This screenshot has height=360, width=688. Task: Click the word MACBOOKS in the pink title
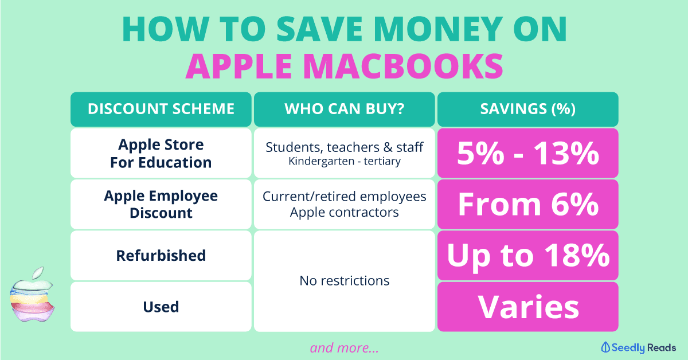(405, 66)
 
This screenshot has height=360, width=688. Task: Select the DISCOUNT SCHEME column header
(161, 109)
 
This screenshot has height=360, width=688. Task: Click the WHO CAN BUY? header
(345, 109)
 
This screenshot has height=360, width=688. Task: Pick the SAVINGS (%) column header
(527, 109)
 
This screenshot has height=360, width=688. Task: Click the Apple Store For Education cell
(161, 153)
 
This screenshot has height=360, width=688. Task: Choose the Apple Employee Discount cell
(161, 204)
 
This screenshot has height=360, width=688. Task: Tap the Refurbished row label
(161, 256)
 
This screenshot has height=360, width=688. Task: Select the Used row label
(161, 307)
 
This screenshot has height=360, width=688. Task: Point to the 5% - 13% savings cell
(527, 153)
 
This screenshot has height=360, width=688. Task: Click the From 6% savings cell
(527, 204)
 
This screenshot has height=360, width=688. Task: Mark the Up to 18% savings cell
(527, 256)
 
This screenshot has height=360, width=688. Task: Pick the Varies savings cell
(527, 307)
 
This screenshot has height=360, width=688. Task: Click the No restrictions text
(345, 281)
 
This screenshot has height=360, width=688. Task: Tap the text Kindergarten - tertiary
(345, 161)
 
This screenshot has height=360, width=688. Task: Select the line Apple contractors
(345, 213)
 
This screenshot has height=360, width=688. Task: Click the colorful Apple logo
(32, 294)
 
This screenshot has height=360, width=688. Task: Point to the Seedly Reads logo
(638, 348)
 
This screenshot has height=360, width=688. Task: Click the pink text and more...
(345, 348)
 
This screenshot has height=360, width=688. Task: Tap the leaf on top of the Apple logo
(38, 273)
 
